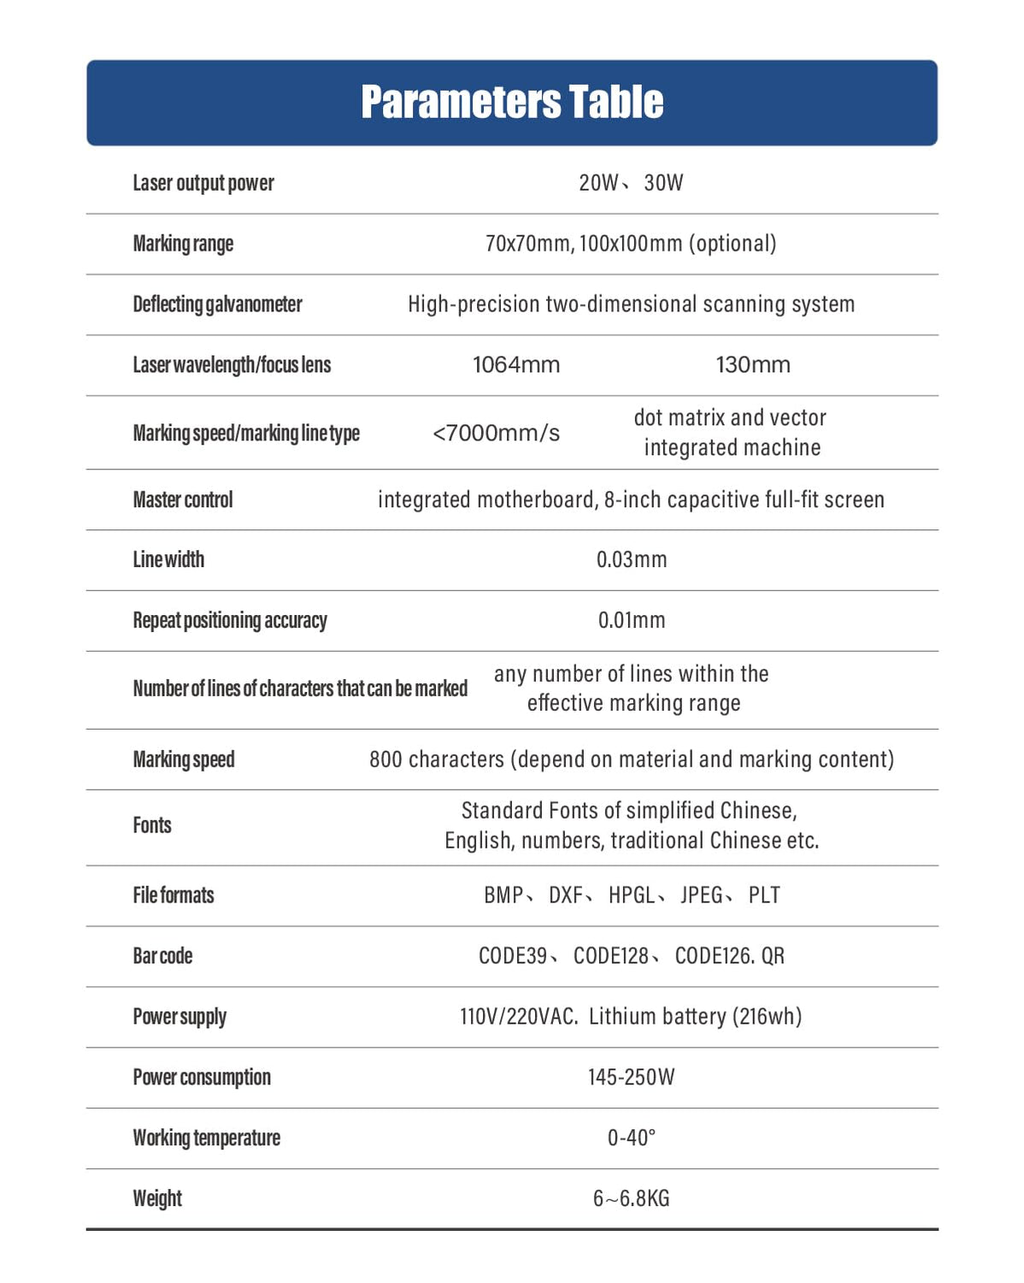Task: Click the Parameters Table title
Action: pos(512,102)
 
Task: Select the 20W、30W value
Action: pos(631,183)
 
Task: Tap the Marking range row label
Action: pos(183,244)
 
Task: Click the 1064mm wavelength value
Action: pos(516,365)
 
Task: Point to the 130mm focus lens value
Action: pos(753,365)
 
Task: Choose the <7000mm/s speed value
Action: pos(496,433)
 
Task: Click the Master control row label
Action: pos(183,500)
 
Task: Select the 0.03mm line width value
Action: pos(632,560)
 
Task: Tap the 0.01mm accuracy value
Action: pos(632,620)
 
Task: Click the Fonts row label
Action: pos(152,825)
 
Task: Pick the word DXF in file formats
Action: pos(566,896)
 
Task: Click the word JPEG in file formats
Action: pos(702,896)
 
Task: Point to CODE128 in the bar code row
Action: pos(611,956)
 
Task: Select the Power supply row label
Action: pos(179,1017)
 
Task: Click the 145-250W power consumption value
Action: pos(632,1078)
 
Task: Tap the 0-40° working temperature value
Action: pos(632,1138)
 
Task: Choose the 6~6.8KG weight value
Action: pos(632,1199)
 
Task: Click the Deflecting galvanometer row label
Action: pos(217,304)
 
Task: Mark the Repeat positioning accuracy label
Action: pos(230,620)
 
